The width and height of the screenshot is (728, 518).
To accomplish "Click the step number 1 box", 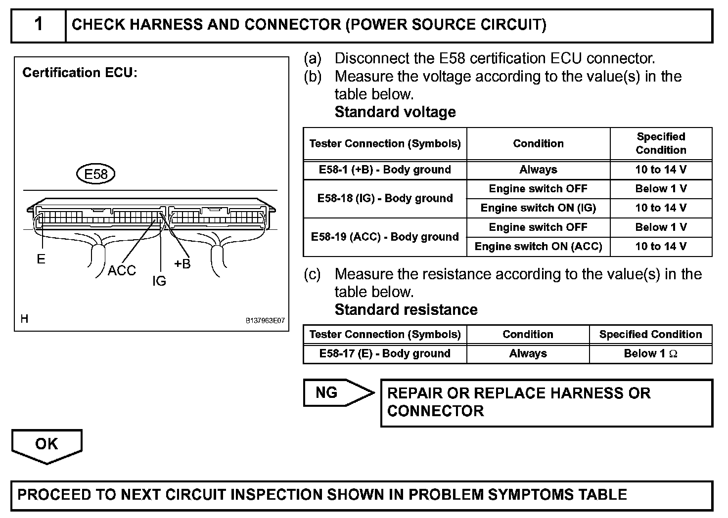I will coord(39,25).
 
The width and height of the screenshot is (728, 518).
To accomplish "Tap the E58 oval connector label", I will coord(95,174).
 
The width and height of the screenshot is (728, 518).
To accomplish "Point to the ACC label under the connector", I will coord(122,270).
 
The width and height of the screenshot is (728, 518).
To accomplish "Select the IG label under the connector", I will coord(159,281).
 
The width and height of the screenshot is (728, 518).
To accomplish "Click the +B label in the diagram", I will coord(182,264).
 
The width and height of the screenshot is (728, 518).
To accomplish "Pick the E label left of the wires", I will coord(41,259).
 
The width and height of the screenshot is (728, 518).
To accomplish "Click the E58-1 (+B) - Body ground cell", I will coord(385,170).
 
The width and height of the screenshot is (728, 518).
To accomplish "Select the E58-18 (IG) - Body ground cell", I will coord(385,198).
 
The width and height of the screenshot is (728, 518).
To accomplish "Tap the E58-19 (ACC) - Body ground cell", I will coord(385,237).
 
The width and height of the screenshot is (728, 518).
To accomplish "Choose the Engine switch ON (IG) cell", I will coord(538,208).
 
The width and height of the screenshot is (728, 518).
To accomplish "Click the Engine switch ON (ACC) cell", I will coord(538,247).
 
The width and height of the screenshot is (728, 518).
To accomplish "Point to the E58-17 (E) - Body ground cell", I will coord(385,353).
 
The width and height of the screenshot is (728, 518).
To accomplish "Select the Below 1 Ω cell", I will coord(650,353).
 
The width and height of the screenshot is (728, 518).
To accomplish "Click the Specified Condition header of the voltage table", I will coord(661,143).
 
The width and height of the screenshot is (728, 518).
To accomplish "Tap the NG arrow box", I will coord(336,393).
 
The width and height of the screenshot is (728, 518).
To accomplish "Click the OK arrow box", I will coord(46,445).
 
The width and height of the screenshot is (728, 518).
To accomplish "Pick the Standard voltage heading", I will coord(395,112).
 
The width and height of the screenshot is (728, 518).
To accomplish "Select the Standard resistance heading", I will coord(406,310).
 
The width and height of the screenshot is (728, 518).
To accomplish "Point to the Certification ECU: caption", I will coord(80,73).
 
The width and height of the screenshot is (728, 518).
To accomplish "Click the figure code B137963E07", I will coord(265,320).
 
